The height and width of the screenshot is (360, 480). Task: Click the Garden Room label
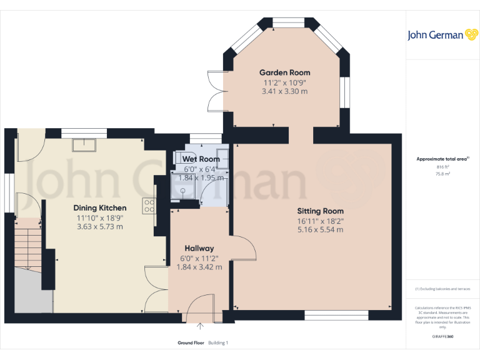click(284, 72)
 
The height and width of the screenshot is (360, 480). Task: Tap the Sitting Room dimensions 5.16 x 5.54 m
click(320, 230)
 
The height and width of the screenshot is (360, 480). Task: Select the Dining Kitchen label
click(100, 208)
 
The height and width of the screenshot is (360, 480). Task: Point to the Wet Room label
click(201, 160)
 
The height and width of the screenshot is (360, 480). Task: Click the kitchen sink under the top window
click(83, 145)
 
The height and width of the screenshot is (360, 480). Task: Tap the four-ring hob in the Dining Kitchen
click(149, 206)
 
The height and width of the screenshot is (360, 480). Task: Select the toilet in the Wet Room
click(222, 156)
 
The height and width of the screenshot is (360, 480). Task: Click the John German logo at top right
click(435, 35)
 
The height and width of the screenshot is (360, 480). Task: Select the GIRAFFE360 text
click(442, 336)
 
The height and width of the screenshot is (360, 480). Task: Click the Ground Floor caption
click(191, 343)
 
